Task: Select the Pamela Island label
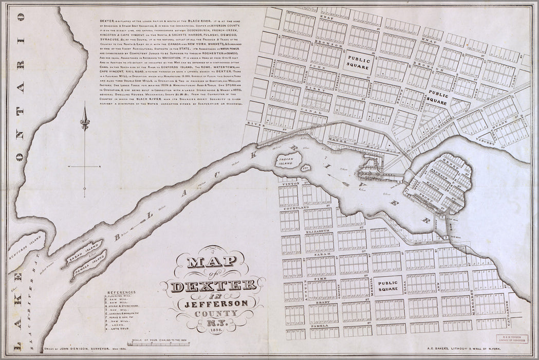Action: (x=88, y=264)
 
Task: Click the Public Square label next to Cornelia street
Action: (x=437, y=99)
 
